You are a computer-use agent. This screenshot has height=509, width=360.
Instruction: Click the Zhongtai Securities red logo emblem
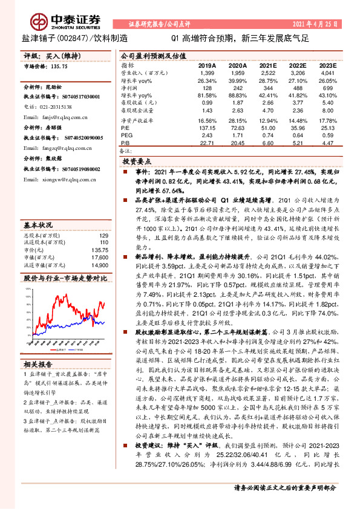click(x=41, y=22)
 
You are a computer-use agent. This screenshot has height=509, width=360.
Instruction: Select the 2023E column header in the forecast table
click(x=327, y=65)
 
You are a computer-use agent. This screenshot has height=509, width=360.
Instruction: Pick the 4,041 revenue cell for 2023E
click(x=327, y=73)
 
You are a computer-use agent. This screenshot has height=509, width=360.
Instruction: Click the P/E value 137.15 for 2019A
click(x=208, y=128)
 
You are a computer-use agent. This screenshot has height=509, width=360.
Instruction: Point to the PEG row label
click(x=126, y=135)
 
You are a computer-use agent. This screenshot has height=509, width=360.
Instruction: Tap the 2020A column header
click(x=237, y=65)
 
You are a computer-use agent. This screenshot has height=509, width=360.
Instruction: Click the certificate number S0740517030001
click(x=74, y=97)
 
